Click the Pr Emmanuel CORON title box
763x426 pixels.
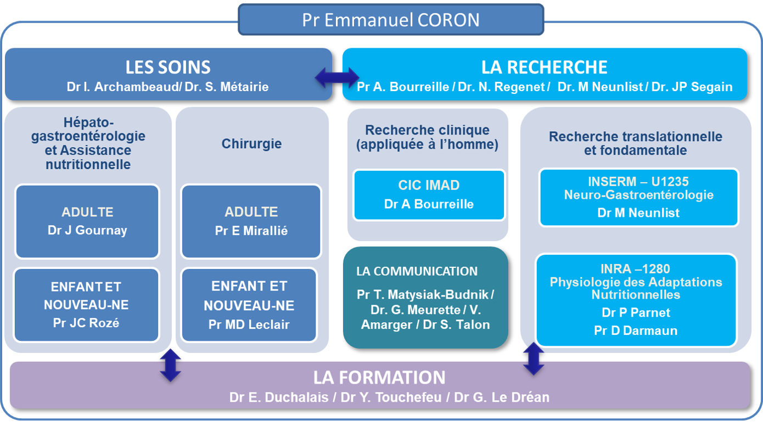390,20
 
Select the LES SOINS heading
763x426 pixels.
168,68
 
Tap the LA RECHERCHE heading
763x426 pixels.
544,68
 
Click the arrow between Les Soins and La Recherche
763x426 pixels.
337,77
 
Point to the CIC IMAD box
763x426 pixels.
429,195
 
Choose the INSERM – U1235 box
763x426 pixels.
638,197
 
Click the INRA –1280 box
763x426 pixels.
636,299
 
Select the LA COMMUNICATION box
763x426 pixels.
425,298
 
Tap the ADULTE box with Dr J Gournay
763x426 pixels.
87,221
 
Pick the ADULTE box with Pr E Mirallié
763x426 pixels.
251,221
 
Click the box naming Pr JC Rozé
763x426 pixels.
86,305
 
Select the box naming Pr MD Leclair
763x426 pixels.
249,305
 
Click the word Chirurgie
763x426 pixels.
251,144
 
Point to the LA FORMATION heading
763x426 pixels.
379,378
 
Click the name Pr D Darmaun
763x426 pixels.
636,330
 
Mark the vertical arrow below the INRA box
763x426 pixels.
534,359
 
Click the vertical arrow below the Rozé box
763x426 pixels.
170,365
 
